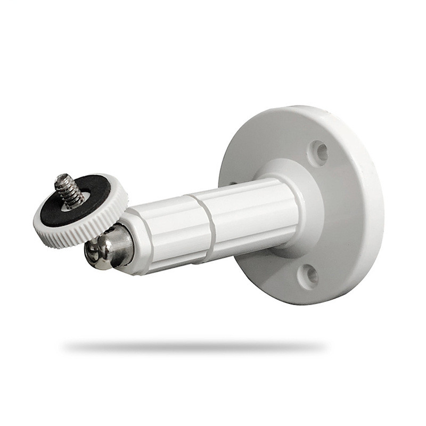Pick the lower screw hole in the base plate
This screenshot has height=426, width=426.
pyautogui.click(x=308, y=275)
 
